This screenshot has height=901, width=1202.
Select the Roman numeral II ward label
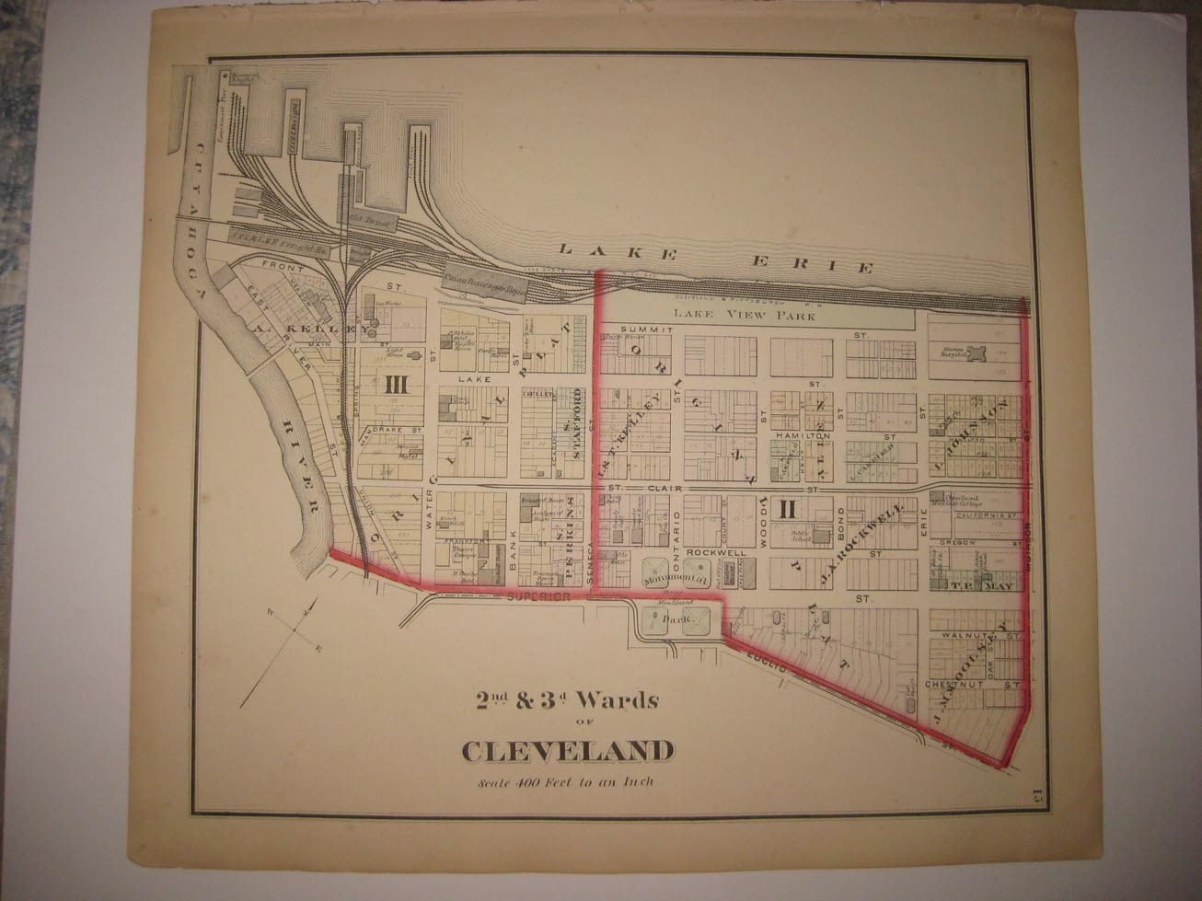click(x=787, y=507)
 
